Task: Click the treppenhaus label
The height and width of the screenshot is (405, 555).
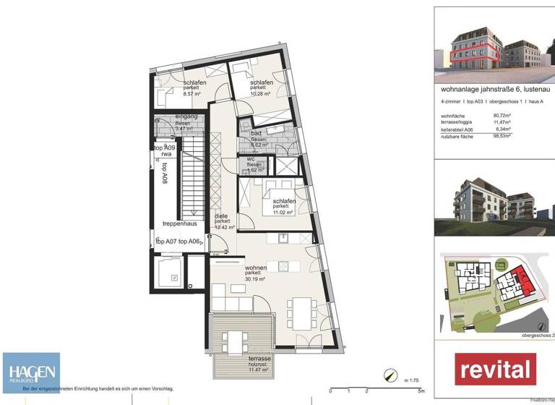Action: [179, 223]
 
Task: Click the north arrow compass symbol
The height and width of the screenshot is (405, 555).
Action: [391, 375]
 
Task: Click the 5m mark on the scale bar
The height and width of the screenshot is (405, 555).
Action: [421, 390]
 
